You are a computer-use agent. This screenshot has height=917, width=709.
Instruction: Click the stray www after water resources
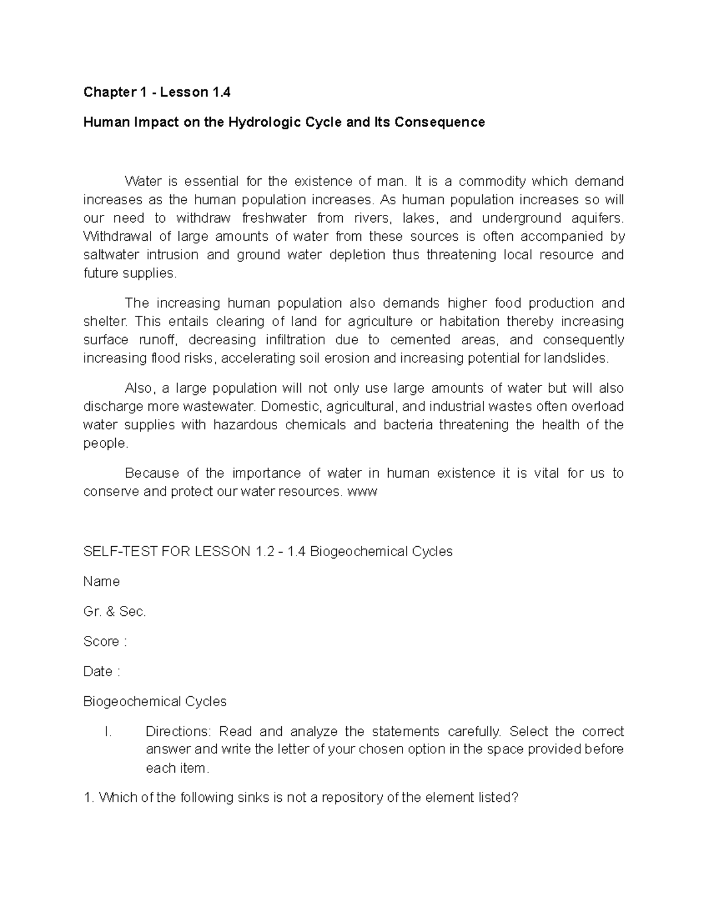[x=363, y=492]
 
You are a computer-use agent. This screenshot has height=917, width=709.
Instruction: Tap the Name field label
[x=102, y=582]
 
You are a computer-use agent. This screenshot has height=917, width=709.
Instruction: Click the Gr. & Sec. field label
[x=115, y=612]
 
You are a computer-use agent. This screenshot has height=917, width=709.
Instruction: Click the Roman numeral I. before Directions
[x=108, y=732]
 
